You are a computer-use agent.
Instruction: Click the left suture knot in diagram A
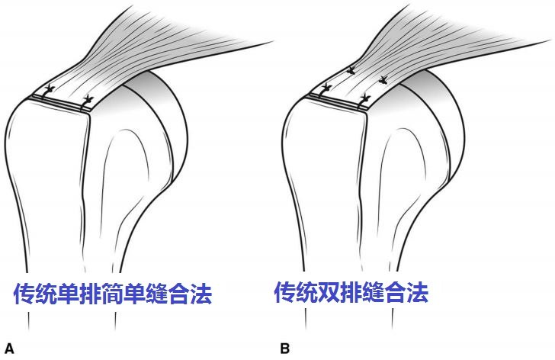[50, 91]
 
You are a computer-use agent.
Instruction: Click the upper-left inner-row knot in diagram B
[351, 72]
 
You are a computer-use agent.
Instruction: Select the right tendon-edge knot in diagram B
[367, 97]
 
